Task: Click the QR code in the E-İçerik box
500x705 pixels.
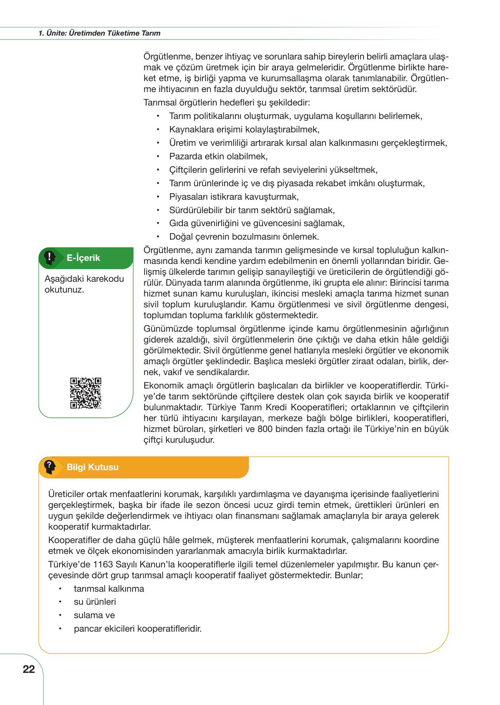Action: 86,393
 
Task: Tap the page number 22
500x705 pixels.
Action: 29,669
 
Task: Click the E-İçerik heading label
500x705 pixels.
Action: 83,258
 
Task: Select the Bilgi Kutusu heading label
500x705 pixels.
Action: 93,467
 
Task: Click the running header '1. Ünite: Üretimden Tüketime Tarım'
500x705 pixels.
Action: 99,33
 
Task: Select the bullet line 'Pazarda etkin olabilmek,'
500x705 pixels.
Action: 219,156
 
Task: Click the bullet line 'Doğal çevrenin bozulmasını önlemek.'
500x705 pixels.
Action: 244,237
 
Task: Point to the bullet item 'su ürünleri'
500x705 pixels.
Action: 95,602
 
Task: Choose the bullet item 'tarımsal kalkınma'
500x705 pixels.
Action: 109,589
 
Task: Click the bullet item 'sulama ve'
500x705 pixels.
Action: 94,615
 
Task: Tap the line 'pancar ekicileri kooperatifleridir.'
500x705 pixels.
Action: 138,628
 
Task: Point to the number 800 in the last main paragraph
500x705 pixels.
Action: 265,429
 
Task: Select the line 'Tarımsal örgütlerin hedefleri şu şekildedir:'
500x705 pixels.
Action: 226,103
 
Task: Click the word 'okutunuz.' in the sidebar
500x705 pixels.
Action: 64,290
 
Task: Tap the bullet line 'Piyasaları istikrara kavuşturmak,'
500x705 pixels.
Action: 234,197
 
